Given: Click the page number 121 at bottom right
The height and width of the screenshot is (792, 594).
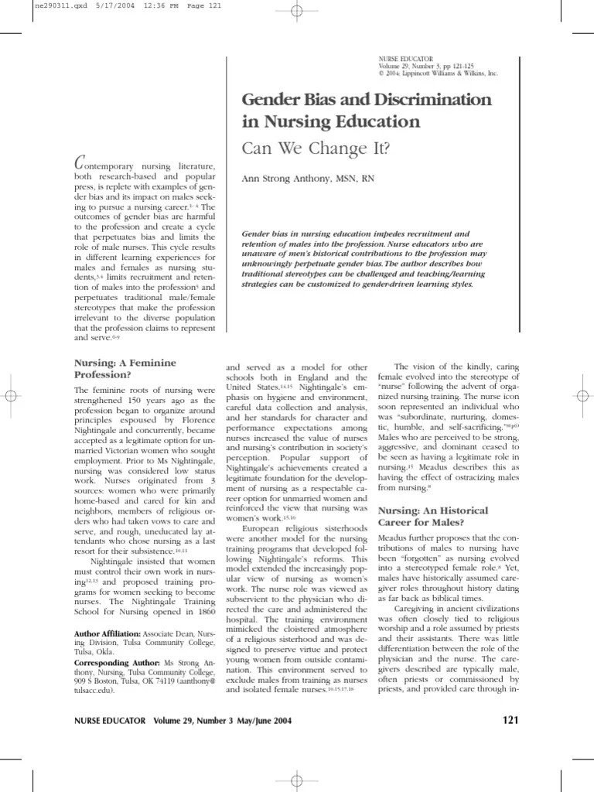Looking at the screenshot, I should [x=510, y=699].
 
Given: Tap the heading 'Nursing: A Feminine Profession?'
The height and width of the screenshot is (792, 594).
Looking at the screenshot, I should [x=125, y=367].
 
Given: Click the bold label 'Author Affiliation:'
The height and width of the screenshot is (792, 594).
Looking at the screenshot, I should [x=108, y=633].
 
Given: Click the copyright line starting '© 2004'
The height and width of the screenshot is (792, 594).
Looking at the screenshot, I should [x=438, y=73].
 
